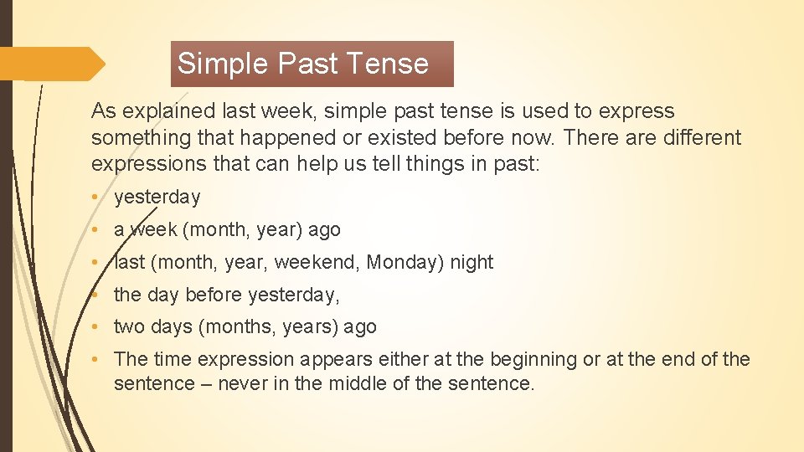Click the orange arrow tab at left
pos(52,64)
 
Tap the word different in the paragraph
pos(695,137)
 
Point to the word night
pos(472,262)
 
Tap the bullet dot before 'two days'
pos(97,327)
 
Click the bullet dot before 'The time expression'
pos(97,360)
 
